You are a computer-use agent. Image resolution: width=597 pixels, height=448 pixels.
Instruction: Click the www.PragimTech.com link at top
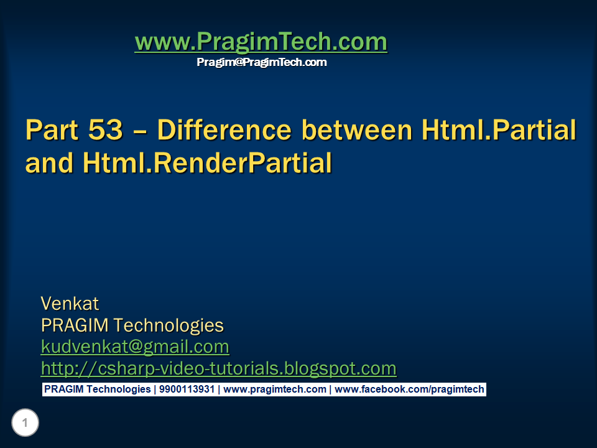(x=261, y=42)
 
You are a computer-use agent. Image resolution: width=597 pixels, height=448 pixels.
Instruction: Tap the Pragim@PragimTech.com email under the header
(x=261, y=62)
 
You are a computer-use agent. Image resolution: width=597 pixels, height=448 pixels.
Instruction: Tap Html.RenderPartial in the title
(x=206, y=162)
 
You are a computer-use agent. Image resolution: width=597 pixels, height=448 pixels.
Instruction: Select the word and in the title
(x=49, y=162)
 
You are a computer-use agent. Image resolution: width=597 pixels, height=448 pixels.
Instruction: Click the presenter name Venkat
(x=70, y=304)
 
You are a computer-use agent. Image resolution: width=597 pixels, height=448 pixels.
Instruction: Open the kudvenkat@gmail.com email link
(x=135, y=346)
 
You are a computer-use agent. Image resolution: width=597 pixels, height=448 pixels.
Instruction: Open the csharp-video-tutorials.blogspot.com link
(x=218, y=368)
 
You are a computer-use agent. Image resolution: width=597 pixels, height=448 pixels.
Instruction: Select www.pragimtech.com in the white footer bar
(x=274, y=390)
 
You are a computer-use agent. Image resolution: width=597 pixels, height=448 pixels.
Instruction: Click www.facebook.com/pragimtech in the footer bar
(x=409, y=390)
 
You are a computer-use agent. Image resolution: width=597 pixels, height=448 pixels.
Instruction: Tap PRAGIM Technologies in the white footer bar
(x=97, y=390)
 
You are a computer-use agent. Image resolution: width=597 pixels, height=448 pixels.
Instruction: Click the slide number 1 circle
(x=25, y=424)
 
